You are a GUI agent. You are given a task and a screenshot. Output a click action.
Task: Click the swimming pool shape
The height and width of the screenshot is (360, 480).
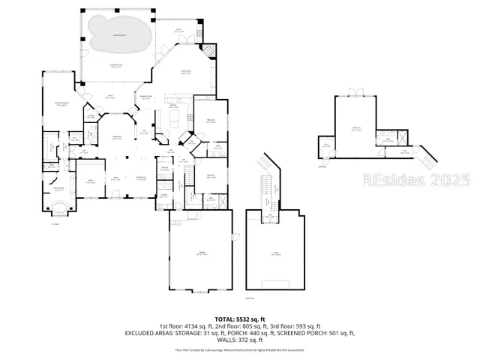tap(116, 34)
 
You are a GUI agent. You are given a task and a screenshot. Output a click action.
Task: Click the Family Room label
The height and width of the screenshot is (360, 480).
tap(184, 73)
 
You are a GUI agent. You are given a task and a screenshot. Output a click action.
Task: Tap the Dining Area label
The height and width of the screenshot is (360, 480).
tap(140, 178)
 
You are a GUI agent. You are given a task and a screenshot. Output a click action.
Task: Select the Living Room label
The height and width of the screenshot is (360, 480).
tap(118, 137)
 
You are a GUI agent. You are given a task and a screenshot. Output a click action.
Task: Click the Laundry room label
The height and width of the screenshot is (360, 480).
tap(163, 196)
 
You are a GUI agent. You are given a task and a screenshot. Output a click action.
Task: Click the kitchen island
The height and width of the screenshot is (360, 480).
tap(175, 118)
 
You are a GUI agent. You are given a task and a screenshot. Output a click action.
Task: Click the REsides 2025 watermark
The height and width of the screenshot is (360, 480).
tap(416, 181)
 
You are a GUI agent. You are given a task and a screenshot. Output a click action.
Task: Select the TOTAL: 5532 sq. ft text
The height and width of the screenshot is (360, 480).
tap(239, 319)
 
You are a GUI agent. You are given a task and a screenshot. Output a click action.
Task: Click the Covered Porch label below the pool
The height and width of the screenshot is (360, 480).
tap(116, 67)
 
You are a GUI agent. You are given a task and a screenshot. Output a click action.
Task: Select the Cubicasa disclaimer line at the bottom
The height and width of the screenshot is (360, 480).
tap(239, 349)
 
